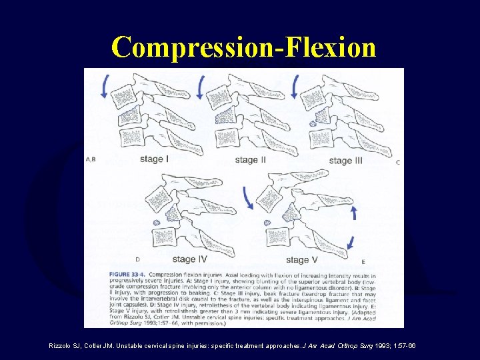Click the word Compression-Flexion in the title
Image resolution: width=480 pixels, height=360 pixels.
(243, 47)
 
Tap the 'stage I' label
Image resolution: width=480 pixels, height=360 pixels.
(155, 159)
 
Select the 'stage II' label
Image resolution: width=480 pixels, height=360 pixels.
(250, 160)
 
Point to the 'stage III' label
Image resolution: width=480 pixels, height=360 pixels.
(345, 161)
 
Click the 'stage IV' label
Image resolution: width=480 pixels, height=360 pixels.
(193, 259)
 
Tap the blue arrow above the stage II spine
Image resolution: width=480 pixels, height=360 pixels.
(202, 86)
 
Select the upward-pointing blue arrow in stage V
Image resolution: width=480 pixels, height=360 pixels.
(353, 212)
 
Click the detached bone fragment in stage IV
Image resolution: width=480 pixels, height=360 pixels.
(157, 222)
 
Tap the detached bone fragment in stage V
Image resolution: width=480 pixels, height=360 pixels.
(267, 222)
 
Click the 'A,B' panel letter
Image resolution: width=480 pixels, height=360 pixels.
(91, 159)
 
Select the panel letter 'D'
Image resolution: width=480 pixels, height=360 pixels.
(137, 259)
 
